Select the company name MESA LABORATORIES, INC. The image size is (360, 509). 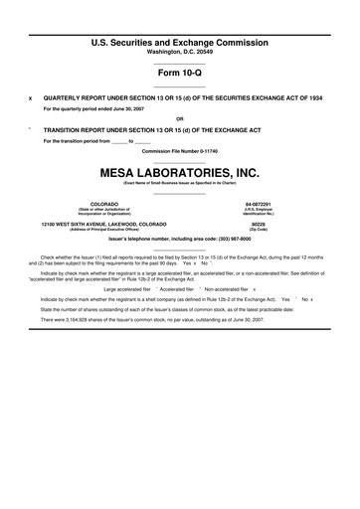click(x=180, y=172)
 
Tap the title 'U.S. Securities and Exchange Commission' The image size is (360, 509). click(x=180, y=44)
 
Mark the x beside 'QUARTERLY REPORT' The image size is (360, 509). click(x=30, y=99)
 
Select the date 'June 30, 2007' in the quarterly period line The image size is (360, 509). click(x=139, y=108)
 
